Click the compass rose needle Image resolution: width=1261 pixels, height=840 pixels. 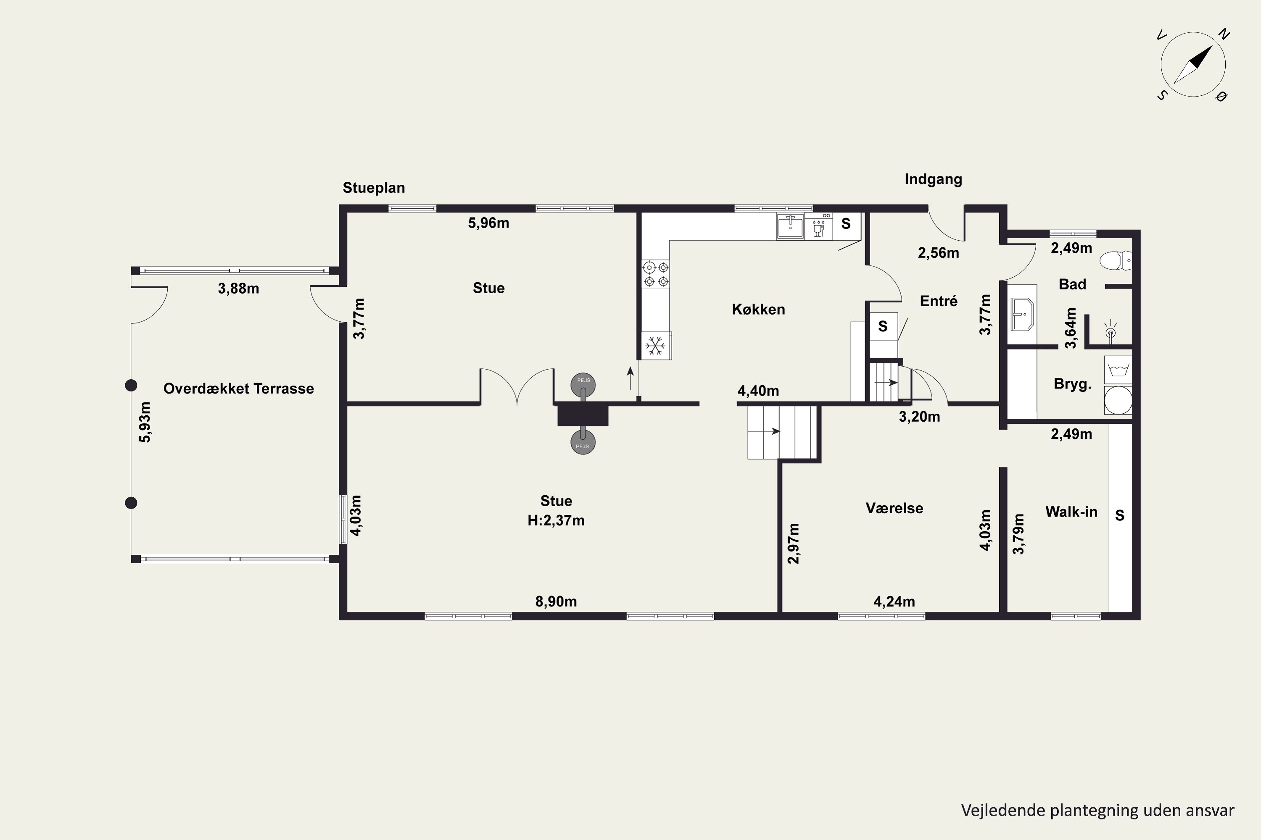coord(1193,64)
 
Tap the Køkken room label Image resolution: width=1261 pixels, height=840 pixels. coord(758,309)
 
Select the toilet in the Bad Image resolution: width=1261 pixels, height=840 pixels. coord(1115,261)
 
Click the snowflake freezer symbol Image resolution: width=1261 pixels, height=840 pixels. coord(654,346)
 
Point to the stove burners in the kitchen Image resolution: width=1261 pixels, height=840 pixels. coord(656,274)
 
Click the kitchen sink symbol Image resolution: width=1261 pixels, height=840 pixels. coord(790,226)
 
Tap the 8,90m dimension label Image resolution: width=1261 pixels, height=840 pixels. coord(556,601)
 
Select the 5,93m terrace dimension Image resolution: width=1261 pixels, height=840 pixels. coord(145,422)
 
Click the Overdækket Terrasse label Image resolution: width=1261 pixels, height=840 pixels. coord(239,388)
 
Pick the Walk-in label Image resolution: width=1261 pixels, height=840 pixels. coord(1071,512)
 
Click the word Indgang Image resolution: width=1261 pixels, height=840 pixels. coord(934,179)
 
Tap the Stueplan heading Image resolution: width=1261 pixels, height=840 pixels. coord(374,187)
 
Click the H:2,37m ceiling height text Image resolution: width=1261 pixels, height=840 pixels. coord(556,520)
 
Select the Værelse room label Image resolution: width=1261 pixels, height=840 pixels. coord(894,508)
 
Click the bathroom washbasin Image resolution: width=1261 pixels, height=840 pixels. coord(1021,315)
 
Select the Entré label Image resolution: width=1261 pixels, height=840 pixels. coord(938,301)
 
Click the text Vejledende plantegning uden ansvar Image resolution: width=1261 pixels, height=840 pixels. coord(1097,811)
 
